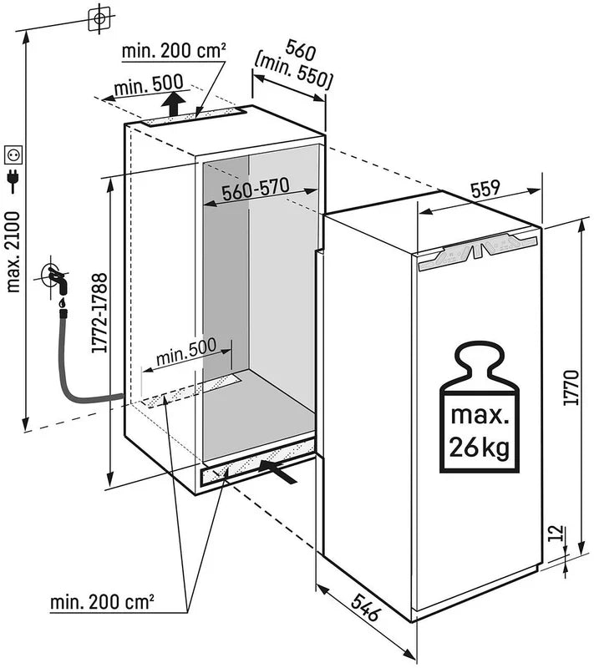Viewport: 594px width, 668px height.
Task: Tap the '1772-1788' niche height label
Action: click(98, 313)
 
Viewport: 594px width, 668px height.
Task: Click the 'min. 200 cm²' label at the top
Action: click(174, 52)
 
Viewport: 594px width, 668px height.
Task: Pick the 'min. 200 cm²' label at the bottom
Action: click(104, 601)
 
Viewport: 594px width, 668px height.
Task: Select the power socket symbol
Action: click(14, 154)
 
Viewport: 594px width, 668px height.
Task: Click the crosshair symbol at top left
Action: click(99, 18)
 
